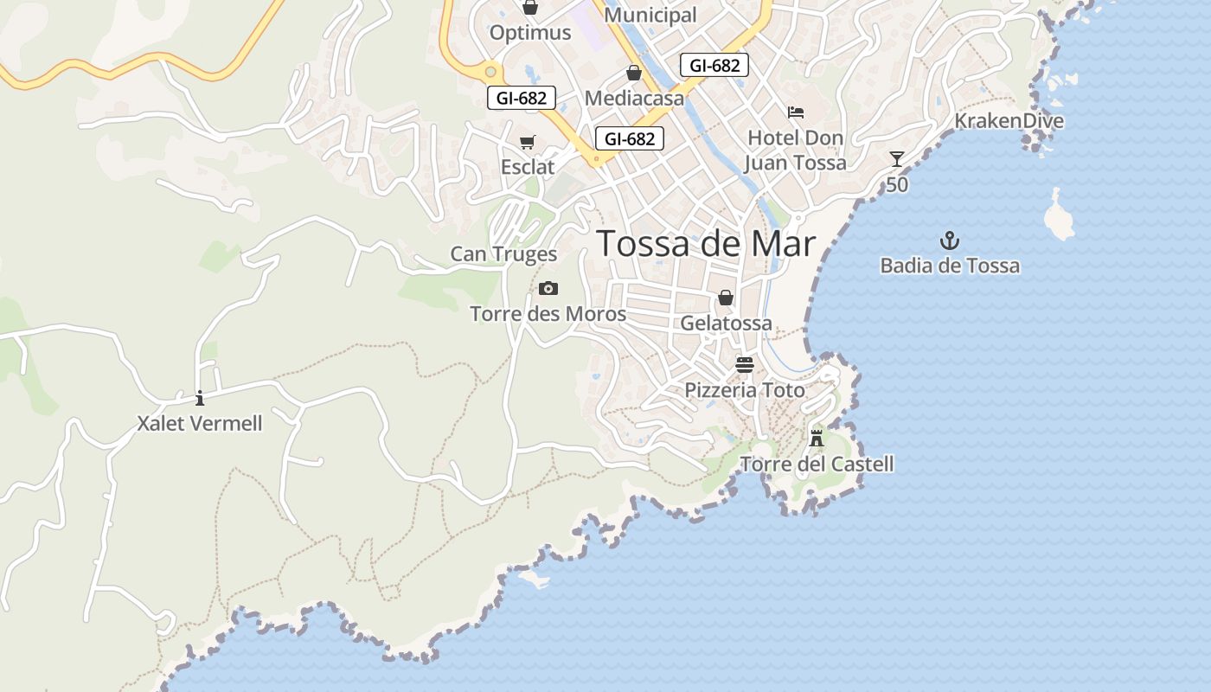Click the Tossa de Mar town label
706,244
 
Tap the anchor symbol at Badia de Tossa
950,240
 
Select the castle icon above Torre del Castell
816,438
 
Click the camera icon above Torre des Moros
548,288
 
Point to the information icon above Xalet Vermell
200,398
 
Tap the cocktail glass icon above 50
897,159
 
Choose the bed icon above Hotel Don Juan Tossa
795,112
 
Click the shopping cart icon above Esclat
527,142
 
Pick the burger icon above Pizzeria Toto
744,365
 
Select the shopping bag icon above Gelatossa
726,298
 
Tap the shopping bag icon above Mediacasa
633,73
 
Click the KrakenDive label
1009,121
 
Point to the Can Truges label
503,254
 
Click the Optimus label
530,33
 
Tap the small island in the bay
1059,215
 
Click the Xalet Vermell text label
200,424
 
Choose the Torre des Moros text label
548,313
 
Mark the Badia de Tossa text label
950,266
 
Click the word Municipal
650,15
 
